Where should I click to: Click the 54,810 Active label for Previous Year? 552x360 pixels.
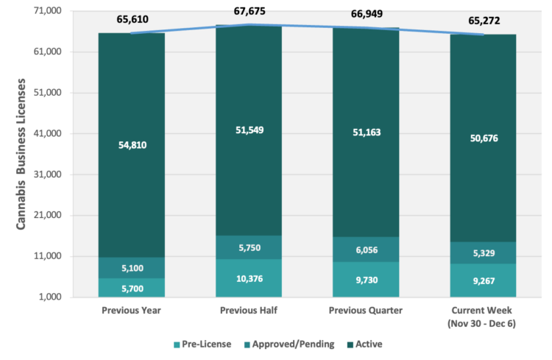click(132, 145)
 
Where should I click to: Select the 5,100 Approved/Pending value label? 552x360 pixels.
click(132, 268)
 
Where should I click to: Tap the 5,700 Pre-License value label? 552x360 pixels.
click(132, 288)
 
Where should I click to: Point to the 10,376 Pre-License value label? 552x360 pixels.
click(250, 278)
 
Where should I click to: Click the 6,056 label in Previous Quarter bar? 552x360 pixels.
click(367, 250)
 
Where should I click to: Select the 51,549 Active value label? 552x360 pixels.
click(250, 130)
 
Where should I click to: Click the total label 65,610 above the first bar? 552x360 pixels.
click(132, 20)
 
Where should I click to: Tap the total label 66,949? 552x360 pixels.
click(367, 15)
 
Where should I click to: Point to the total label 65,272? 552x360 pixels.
click(484, 21)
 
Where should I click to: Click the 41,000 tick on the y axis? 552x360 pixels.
click(63, 134)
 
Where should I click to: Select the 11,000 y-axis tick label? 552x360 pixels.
click(63, 256)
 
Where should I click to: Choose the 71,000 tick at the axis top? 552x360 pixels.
click(63, 12)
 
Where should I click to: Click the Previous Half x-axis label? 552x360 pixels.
click(250, 310)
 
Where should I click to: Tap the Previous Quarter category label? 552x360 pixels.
click(367, 310)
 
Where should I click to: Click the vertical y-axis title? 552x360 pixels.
click(22, 152)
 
